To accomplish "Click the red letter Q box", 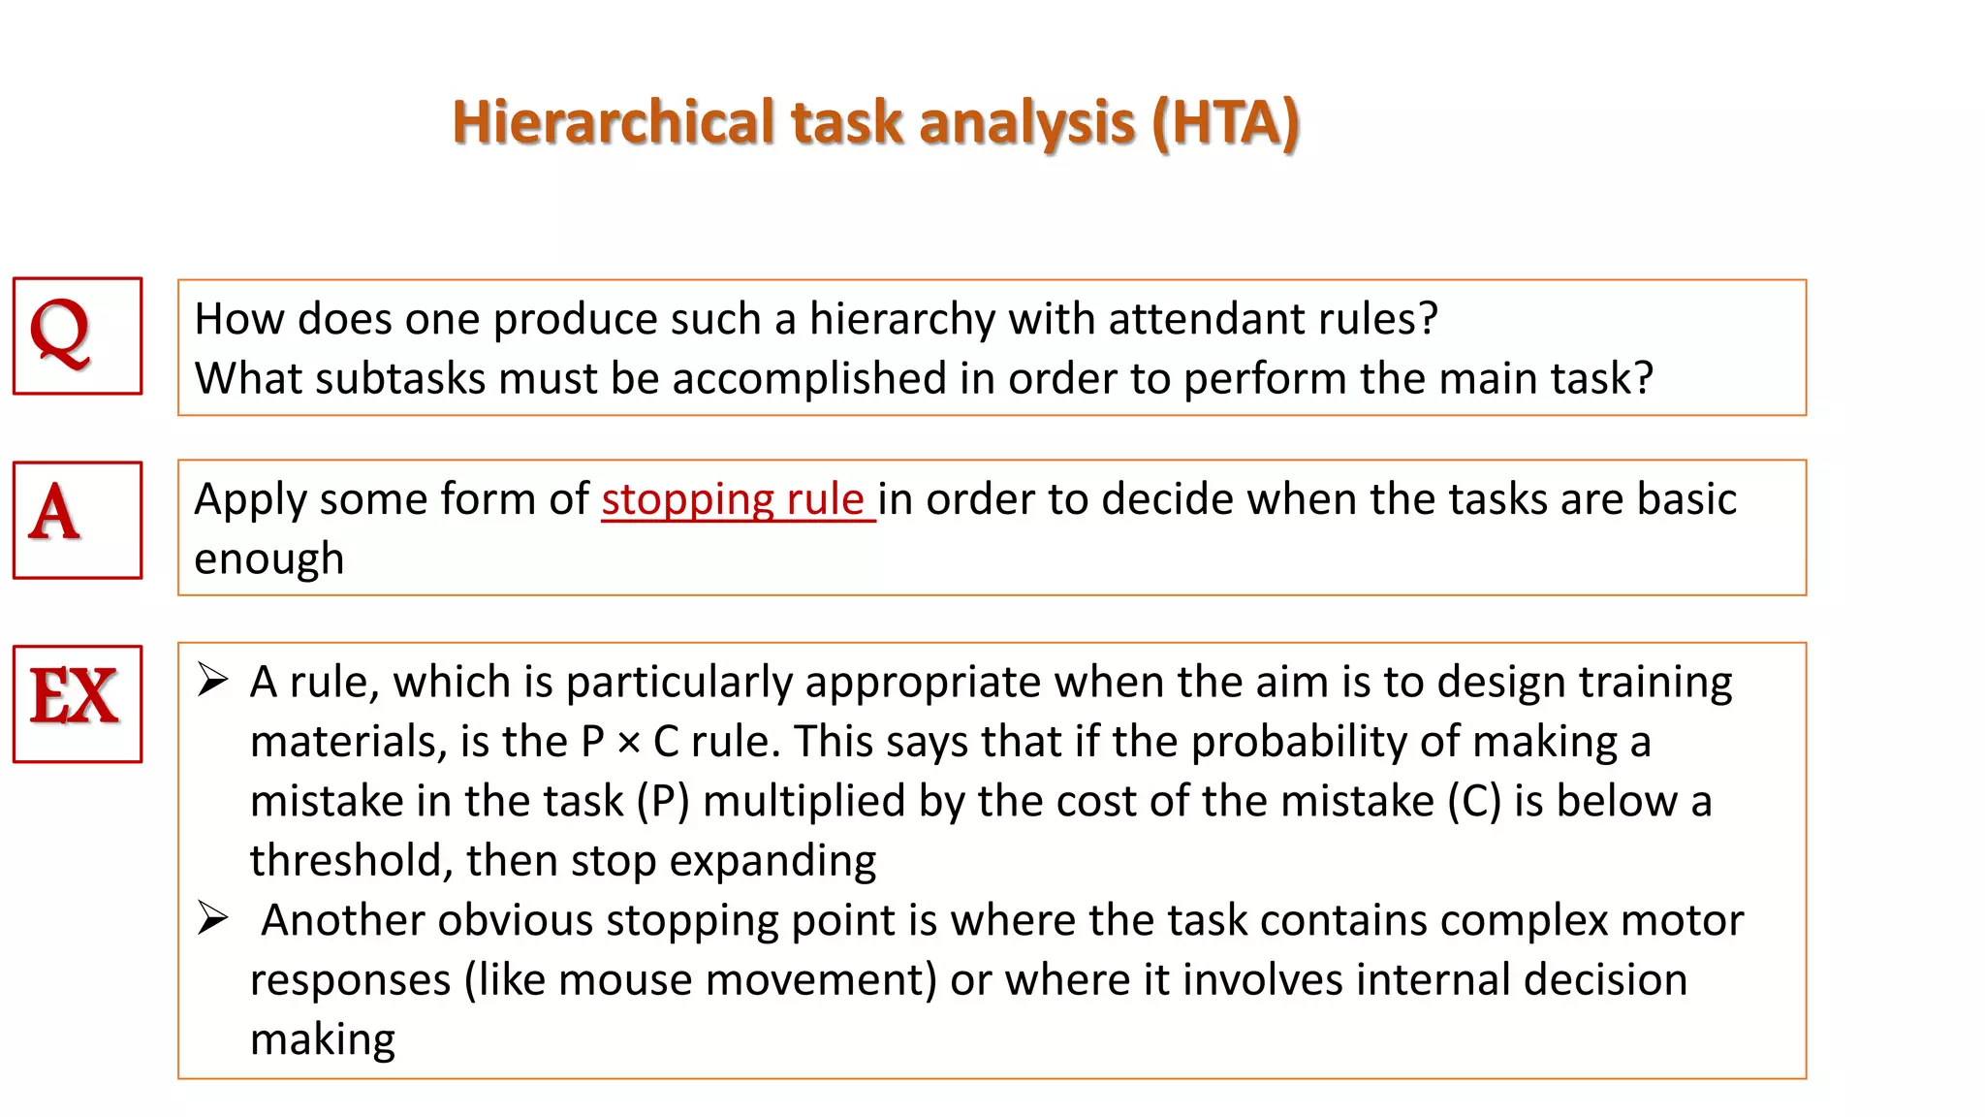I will tap(78, 335).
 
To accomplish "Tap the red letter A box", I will tap(78, 520).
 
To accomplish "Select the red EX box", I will tap(78, 703).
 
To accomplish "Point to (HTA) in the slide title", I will tap(1225, 123).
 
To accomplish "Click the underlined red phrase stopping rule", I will tap(734, 500).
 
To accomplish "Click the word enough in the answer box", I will tap(269, 559).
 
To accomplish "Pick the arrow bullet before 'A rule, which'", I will tap(212, 681).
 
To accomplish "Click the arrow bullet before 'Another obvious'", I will tap(212, 917).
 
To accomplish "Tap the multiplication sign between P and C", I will tap(628, 743).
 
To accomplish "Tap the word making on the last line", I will tap(323, 1039).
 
